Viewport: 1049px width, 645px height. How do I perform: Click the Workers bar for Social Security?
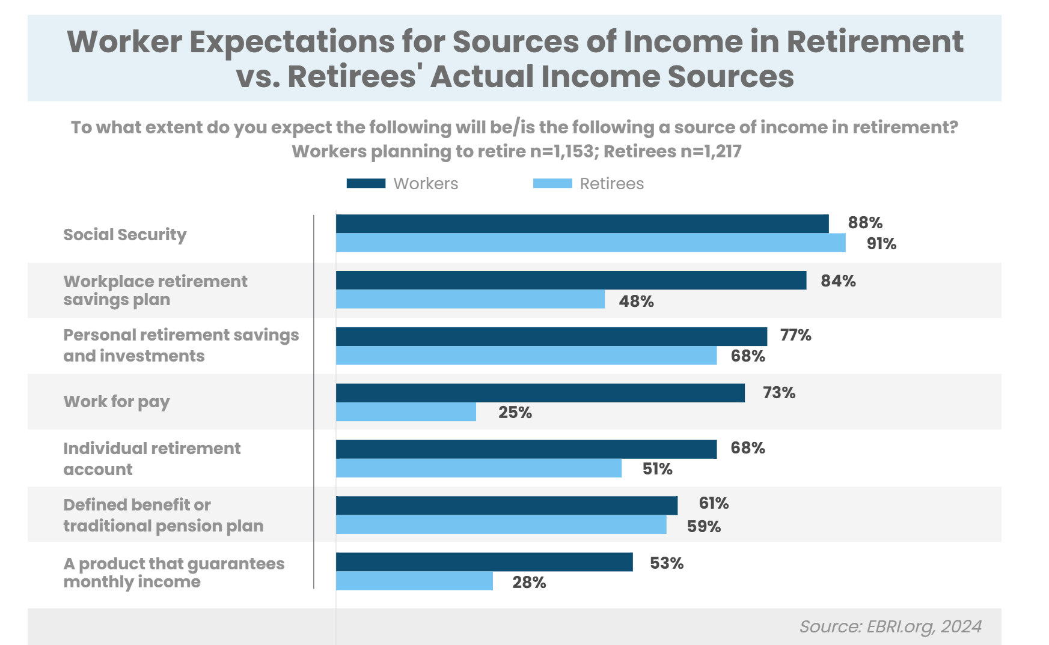582,223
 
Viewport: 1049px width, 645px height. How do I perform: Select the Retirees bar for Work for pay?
406,412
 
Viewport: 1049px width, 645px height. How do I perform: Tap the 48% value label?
636,301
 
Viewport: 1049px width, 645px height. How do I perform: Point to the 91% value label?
881,244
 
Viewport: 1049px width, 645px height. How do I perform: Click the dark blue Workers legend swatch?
365,184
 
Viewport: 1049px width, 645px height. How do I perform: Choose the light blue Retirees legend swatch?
552,184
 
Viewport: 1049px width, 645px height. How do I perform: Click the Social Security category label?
125,235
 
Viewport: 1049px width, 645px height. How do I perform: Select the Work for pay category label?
117,402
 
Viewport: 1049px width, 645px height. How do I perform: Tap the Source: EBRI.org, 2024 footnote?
890,627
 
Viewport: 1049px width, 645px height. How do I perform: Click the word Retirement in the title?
875,42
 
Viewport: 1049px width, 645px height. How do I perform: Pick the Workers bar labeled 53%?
484,562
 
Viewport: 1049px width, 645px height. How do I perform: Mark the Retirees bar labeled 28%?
414,581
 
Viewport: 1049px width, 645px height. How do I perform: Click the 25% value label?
515,413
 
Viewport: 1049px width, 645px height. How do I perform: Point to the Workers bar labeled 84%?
571,280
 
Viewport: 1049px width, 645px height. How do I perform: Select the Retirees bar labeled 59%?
501,525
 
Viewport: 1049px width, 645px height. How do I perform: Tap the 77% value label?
795,335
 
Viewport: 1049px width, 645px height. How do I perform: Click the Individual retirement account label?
151,459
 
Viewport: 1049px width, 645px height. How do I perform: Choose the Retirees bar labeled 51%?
479,468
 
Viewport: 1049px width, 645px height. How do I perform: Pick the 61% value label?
714,503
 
